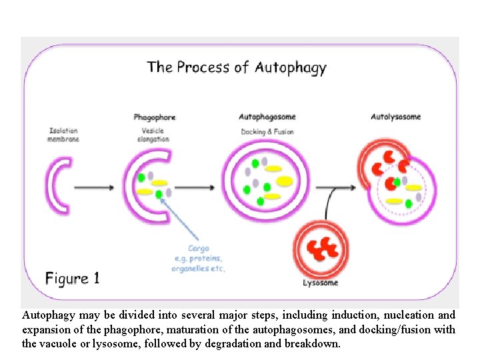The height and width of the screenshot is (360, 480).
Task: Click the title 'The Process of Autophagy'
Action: pyautogui.click(x=237, y=67)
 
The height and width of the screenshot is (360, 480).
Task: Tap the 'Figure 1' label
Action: pyautogui.click(x=73, y=278)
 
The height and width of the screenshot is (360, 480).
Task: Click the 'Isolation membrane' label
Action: pyautogui.click(x=63, y=134)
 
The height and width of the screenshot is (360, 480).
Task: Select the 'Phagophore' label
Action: pyautogui.click(x=154, y=117)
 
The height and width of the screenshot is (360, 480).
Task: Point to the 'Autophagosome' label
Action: pyautogui.click(x=267, y=117)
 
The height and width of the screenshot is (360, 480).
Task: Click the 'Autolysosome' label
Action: pyautogui.click(x=395, y=117)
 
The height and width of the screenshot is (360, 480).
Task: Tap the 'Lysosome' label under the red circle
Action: pyautogui.click(x=320, y=283)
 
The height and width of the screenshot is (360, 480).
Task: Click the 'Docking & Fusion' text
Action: pyautogui.click(x=267, y=132)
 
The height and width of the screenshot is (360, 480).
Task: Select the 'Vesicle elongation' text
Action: pyautogui.click(x=153, y=135)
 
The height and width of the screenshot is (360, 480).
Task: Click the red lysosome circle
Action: pyautogui.click(x=321, y=249)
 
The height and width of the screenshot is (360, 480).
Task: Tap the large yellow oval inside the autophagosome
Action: pyautogui.click(x=285, y=181)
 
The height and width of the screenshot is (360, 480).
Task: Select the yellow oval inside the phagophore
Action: pyautogui.click(x=145, y=192)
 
